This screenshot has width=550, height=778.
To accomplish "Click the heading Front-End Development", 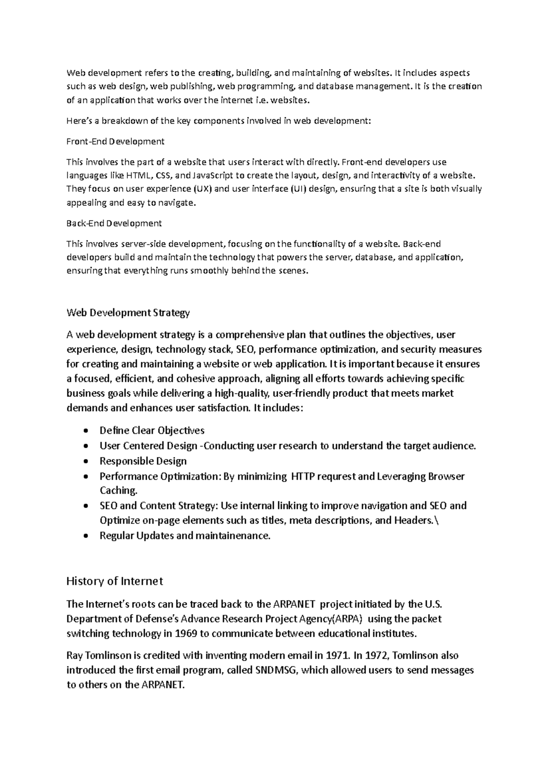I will (x=115, y=141).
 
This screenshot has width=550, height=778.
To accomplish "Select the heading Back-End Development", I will (x=114, y=223).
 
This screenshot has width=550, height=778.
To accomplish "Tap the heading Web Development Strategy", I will (x=128, y=313).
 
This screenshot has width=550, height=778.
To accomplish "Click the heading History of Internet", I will (x=115, y=581).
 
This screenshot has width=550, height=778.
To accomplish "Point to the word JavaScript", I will (x=213, y=175).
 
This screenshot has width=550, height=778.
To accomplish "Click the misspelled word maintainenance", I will (x=233, y=535).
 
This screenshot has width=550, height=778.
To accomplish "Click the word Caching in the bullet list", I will (x=118, y=490).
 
